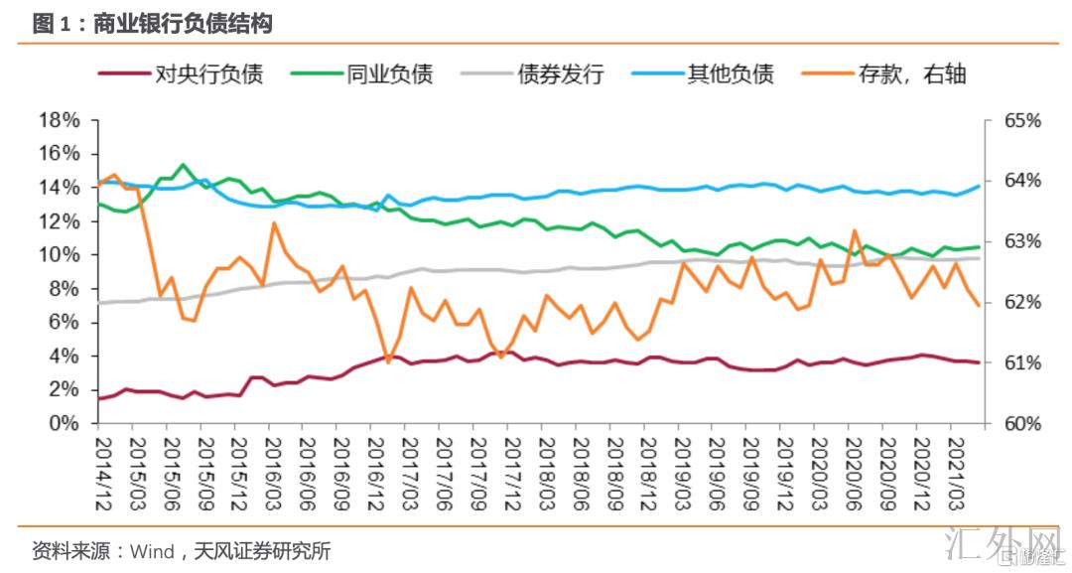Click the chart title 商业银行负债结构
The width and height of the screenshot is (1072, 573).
[183, 24]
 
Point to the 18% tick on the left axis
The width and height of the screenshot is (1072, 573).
[59, 120]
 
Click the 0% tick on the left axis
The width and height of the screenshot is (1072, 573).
[65, 423]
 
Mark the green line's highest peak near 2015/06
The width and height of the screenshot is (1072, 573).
[183, 165]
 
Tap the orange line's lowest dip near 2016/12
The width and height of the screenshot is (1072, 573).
[388, 361]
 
